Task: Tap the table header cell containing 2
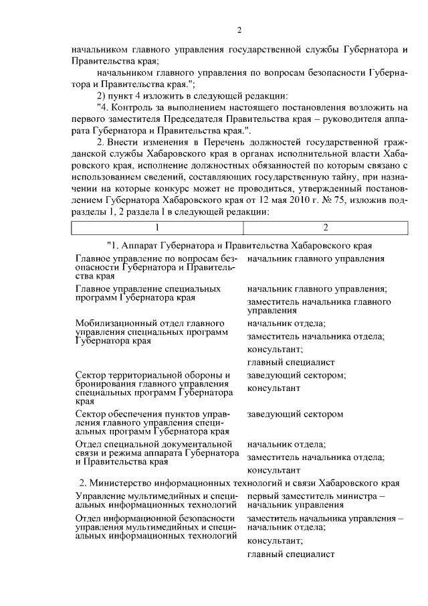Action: coord(325,228)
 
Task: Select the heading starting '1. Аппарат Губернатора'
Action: coord(239,246)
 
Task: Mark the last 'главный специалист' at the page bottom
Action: coord(290,554)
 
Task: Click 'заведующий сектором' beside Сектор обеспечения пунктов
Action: coord(295,414)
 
